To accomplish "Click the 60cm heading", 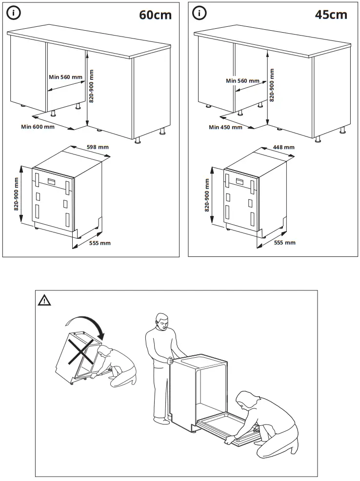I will point(156,15).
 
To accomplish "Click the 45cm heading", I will point(331,15).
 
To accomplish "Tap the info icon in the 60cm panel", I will point(14,14).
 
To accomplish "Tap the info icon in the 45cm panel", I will point(199,14).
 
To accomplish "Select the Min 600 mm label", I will point(38,127).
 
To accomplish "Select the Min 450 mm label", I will point(225,127).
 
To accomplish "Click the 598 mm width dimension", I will point(97,147).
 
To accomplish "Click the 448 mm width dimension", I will point(283,147).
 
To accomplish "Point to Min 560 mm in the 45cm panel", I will point(242,80).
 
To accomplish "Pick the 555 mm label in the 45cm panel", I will point(284,242).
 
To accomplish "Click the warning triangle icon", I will point(44,300).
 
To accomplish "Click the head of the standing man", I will point(162,322).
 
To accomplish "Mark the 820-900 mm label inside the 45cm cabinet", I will point(272,85).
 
